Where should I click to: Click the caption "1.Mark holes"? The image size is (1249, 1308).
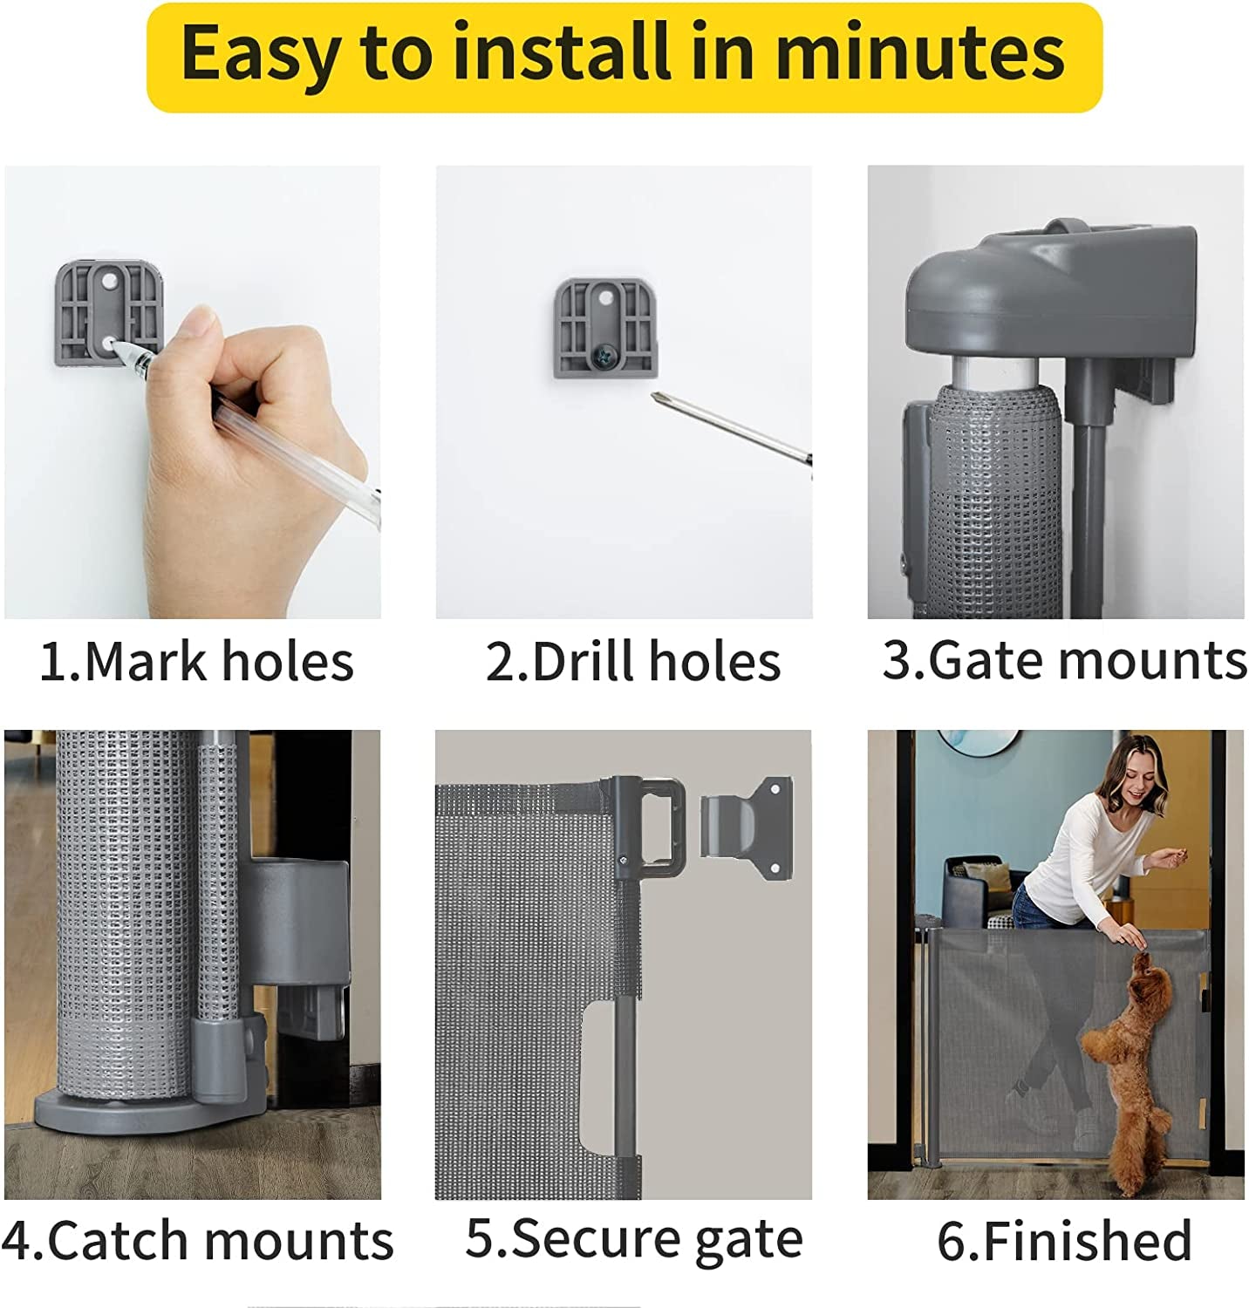tap(197, 661)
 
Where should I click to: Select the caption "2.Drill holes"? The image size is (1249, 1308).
tap(633, 661)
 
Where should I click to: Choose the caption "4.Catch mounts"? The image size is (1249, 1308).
tap(197, 1240)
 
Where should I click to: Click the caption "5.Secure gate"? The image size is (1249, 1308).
tap(634, 1238)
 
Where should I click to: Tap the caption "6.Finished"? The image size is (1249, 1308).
tap(1065, 1240)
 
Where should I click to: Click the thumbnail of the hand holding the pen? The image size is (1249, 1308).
tap(193, 392)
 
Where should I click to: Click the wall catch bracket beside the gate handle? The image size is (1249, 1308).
tap(747, 828)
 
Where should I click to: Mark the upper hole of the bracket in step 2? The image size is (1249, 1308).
tap(604, 298)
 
